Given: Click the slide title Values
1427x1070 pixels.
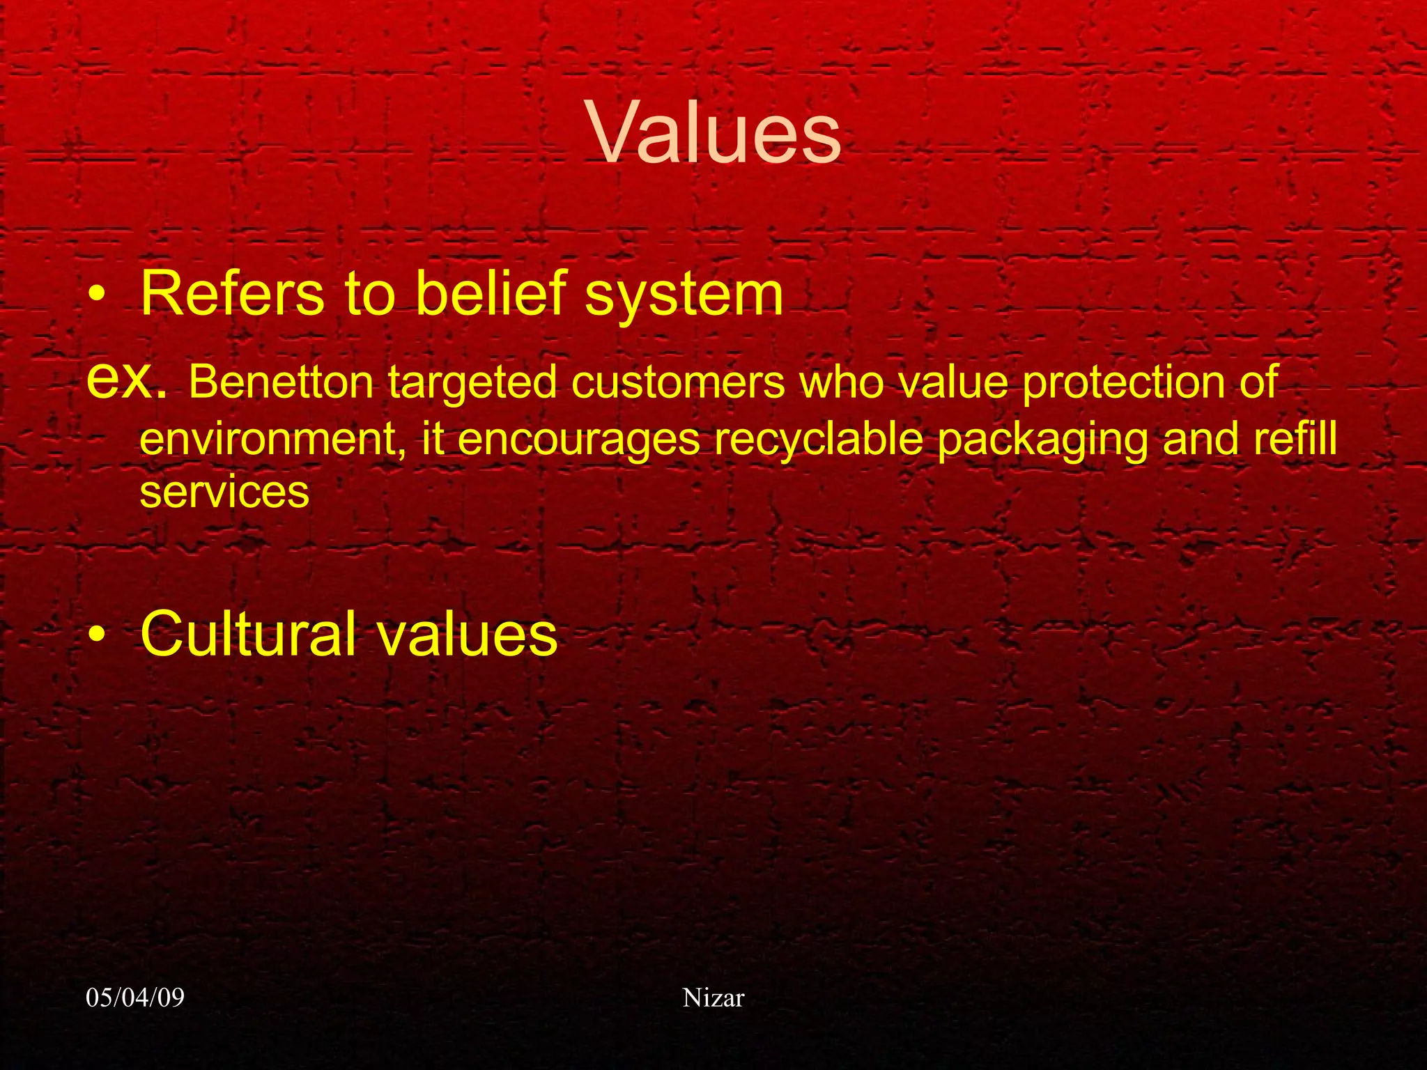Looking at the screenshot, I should [716, 133].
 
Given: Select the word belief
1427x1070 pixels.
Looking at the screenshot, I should [492, 294].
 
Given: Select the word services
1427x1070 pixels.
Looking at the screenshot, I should [224, 493].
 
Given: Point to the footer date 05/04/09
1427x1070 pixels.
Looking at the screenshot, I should [135, 998].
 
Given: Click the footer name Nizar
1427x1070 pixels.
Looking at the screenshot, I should [713, 998].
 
